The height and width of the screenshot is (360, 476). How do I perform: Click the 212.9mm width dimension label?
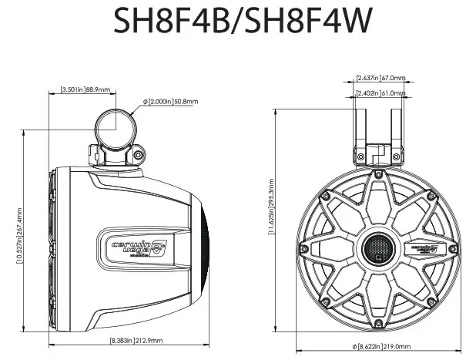click(126, 340)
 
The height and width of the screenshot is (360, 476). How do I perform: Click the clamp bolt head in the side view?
click(138, 156)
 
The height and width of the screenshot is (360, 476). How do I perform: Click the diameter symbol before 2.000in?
click(145, 102)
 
